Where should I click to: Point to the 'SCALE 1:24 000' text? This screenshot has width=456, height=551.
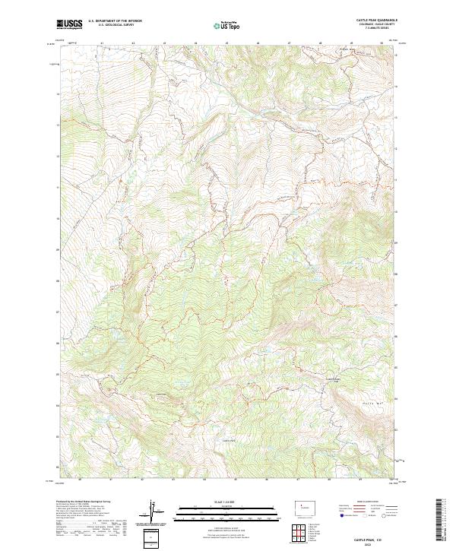[x=228, y=502]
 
